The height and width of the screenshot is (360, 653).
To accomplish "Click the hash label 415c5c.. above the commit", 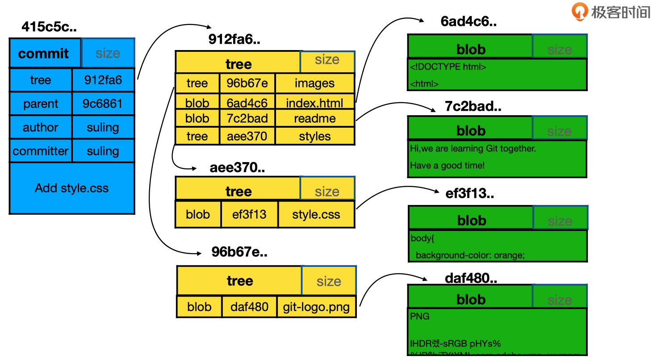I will tap(49, 27).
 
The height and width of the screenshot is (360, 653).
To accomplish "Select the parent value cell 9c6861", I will tap(102, 104).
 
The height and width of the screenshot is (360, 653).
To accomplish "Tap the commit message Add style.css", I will tap(71, 188).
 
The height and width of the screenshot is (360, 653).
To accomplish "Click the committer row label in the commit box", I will tap(41, 151).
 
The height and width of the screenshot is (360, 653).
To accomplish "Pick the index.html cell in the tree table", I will tap(314, 103).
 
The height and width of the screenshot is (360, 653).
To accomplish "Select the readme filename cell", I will tap(314, 118).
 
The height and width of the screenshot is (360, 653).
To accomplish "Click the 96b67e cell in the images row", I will tap(247, 84).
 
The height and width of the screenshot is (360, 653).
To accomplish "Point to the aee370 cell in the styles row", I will tap(247, 136).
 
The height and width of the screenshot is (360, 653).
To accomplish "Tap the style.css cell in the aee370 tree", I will tap(316, 214).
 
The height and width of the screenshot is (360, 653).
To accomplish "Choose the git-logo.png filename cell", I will tap(316, 307).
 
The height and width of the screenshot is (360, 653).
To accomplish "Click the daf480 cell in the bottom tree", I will tap(249, 307).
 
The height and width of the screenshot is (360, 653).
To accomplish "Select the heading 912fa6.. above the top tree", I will tap(234, 40).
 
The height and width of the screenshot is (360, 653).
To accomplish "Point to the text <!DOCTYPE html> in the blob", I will tap(448, 67).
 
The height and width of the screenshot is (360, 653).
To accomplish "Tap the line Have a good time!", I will tap(447, 165).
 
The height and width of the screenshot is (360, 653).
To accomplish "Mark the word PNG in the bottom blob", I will tap(419, 316).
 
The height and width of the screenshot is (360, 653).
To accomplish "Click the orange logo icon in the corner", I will tap(580, 11).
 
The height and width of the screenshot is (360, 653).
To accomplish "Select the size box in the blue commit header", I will tap(108, 53).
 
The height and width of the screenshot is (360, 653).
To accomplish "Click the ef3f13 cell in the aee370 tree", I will tap(249, 214).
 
